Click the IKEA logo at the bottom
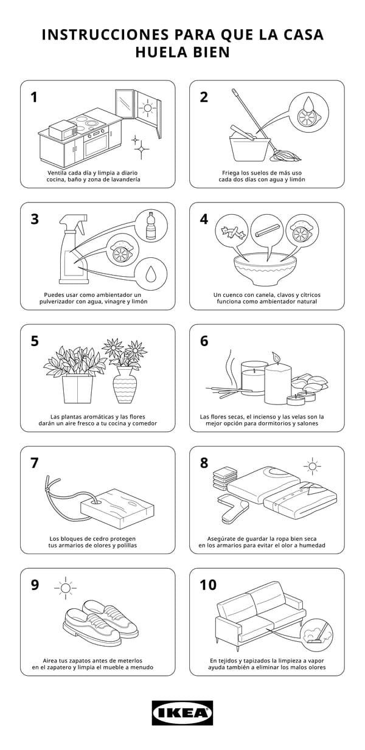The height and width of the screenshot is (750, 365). point(182,712)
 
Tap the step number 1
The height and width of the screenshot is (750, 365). point(34,97)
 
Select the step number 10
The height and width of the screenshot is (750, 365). point(208,585)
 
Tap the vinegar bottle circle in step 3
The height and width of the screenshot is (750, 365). point(150,225)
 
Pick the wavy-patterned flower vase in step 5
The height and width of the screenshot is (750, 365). point(125,387)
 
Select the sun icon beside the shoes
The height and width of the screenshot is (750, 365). point(64,588)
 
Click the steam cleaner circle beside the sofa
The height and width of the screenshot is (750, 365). point(316,633)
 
